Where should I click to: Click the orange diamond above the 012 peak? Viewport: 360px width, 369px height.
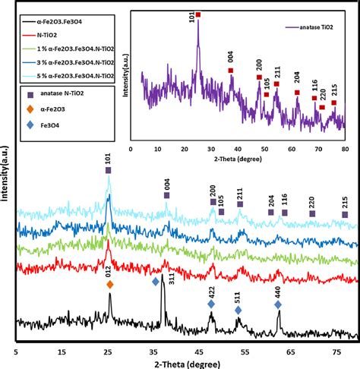(x=110, y=284)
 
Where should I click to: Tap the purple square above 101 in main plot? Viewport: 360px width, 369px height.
(x=108, y=171)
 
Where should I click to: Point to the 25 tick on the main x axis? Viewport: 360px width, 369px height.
(x=108, y=352)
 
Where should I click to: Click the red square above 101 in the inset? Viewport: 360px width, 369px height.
(x=198, y=14)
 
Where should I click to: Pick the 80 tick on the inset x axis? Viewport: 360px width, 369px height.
(x=344, y=148)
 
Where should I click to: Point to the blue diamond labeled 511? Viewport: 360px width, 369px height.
(x=238, y=310)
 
